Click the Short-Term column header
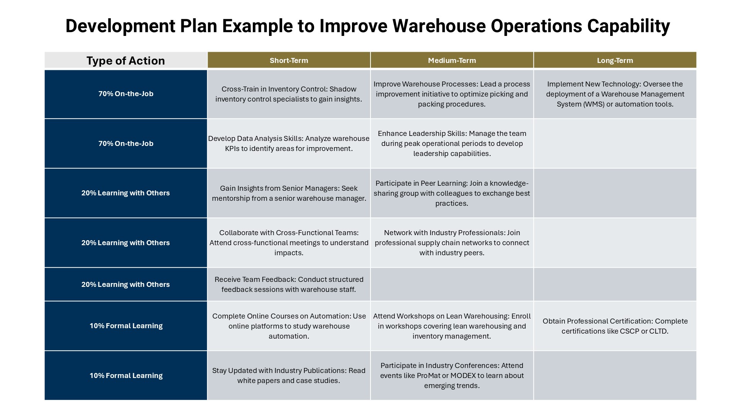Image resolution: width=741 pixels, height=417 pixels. tap(289, 60)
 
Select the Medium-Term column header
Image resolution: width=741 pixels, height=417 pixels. tap(452, 60)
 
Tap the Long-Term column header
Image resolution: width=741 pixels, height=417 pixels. tap(615, 60)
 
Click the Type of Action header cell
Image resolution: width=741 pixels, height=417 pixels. tap(126, 61)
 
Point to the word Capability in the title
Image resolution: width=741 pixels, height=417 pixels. tap(628, 26)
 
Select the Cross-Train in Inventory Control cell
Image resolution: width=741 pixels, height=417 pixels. tap(289, 94)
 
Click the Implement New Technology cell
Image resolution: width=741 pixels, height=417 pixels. tap(615, 94)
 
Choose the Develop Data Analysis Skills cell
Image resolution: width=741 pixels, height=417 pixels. tap(289, 143)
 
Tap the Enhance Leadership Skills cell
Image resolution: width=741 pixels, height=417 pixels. tap(452, 143)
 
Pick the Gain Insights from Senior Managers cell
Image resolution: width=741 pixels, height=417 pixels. tap(289, 193)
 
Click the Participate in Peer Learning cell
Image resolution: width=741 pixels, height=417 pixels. tap(452, 193)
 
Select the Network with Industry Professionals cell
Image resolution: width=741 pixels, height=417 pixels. tap(452, 242)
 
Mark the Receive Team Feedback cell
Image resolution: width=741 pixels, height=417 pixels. tap(289, 284)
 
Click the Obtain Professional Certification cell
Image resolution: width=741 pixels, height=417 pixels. tap(615, 326)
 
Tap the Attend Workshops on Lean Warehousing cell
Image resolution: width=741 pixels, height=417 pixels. tap(452, 326)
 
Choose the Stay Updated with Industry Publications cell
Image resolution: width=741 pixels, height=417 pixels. tap(289, 375)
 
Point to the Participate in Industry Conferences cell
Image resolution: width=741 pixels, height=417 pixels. tap(452, 375)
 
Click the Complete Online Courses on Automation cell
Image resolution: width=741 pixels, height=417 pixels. tap(289, 326)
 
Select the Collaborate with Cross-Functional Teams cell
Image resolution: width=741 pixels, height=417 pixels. tap(289, 242)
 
